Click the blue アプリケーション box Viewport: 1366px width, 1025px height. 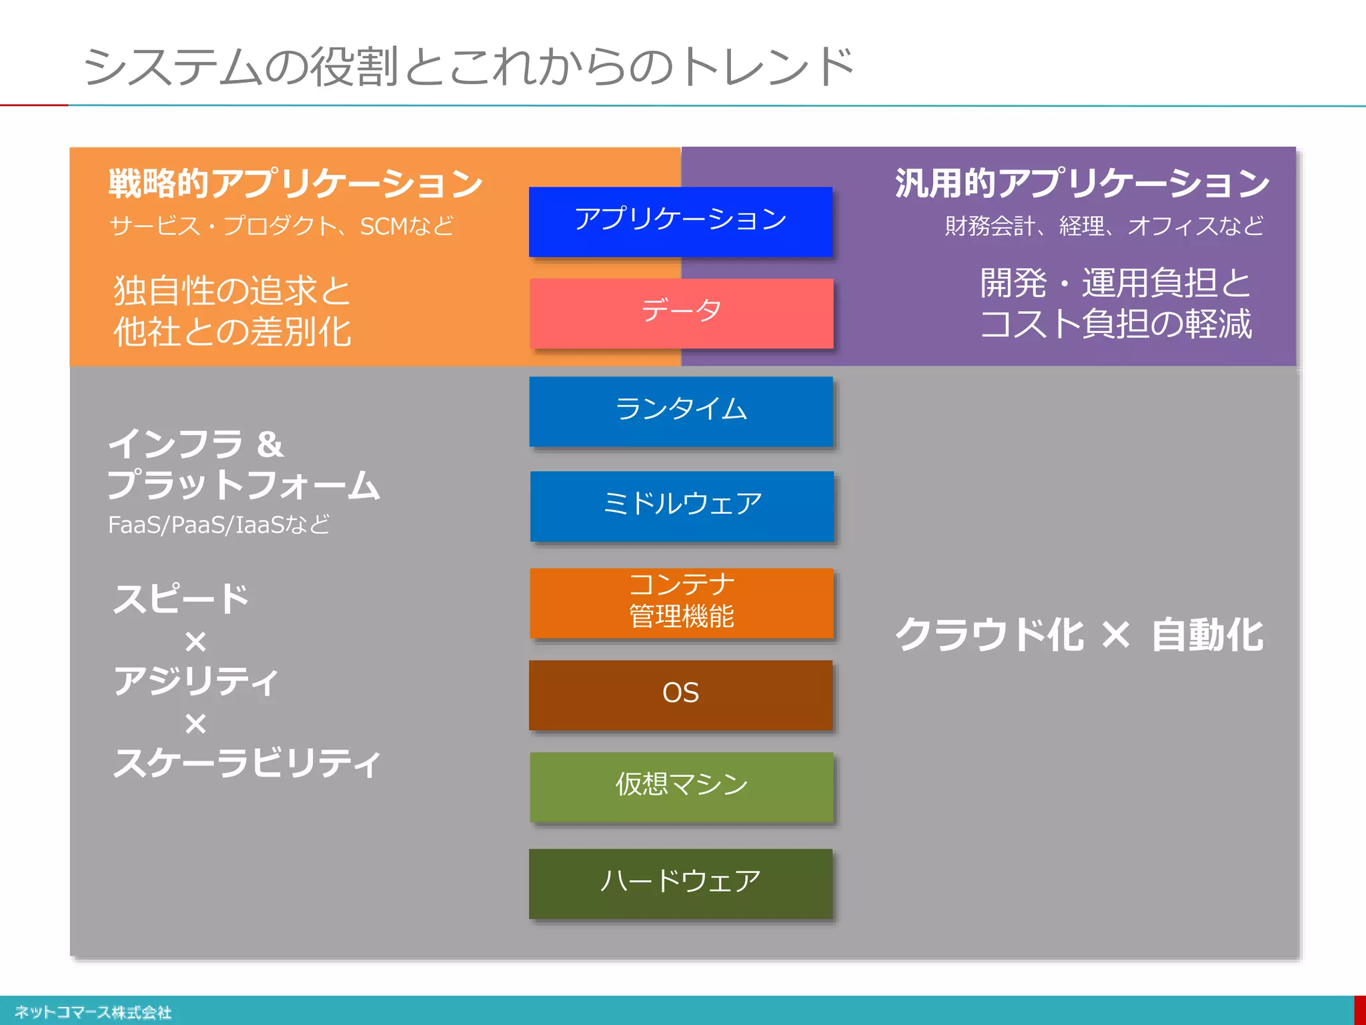click(x=680, y=222)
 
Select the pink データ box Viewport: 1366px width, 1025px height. click(x=681, y=313)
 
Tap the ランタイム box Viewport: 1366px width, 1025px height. click(x=681, y=411)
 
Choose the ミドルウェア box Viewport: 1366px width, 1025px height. click(x=682, y=506)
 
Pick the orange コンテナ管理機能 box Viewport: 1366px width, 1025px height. click(x=682, y=603)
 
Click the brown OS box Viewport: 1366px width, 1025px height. click(x=680, y=695)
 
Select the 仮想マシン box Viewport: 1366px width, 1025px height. click(x=682, y=787)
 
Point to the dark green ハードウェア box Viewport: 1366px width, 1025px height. click(x=680, y=883)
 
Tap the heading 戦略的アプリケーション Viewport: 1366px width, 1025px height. click(x=295, y=184)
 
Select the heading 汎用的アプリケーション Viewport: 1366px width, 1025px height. click(x=1081, y=184)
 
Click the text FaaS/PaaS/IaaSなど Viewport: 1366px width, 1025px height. click(x=219, y=525)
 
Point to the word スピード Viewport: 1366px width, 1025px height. click(x=181, y=599)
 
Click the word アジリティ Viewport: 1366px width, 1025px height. click(x=195, y=681)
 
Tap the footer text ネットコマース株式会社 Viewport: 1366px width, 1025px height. click(x=93, y=1012)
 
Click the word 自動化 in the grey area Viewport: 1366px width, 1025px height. click(x=1207, y=635)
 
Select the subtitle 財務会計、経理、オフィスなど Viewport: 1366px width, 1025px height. click(x=1104, y=226)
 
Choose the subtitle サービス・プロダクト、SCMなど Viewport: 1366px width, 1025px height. click(x=281, y=226)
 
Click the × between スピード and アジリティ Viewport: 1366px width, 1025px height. click(x=195, y=642)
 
